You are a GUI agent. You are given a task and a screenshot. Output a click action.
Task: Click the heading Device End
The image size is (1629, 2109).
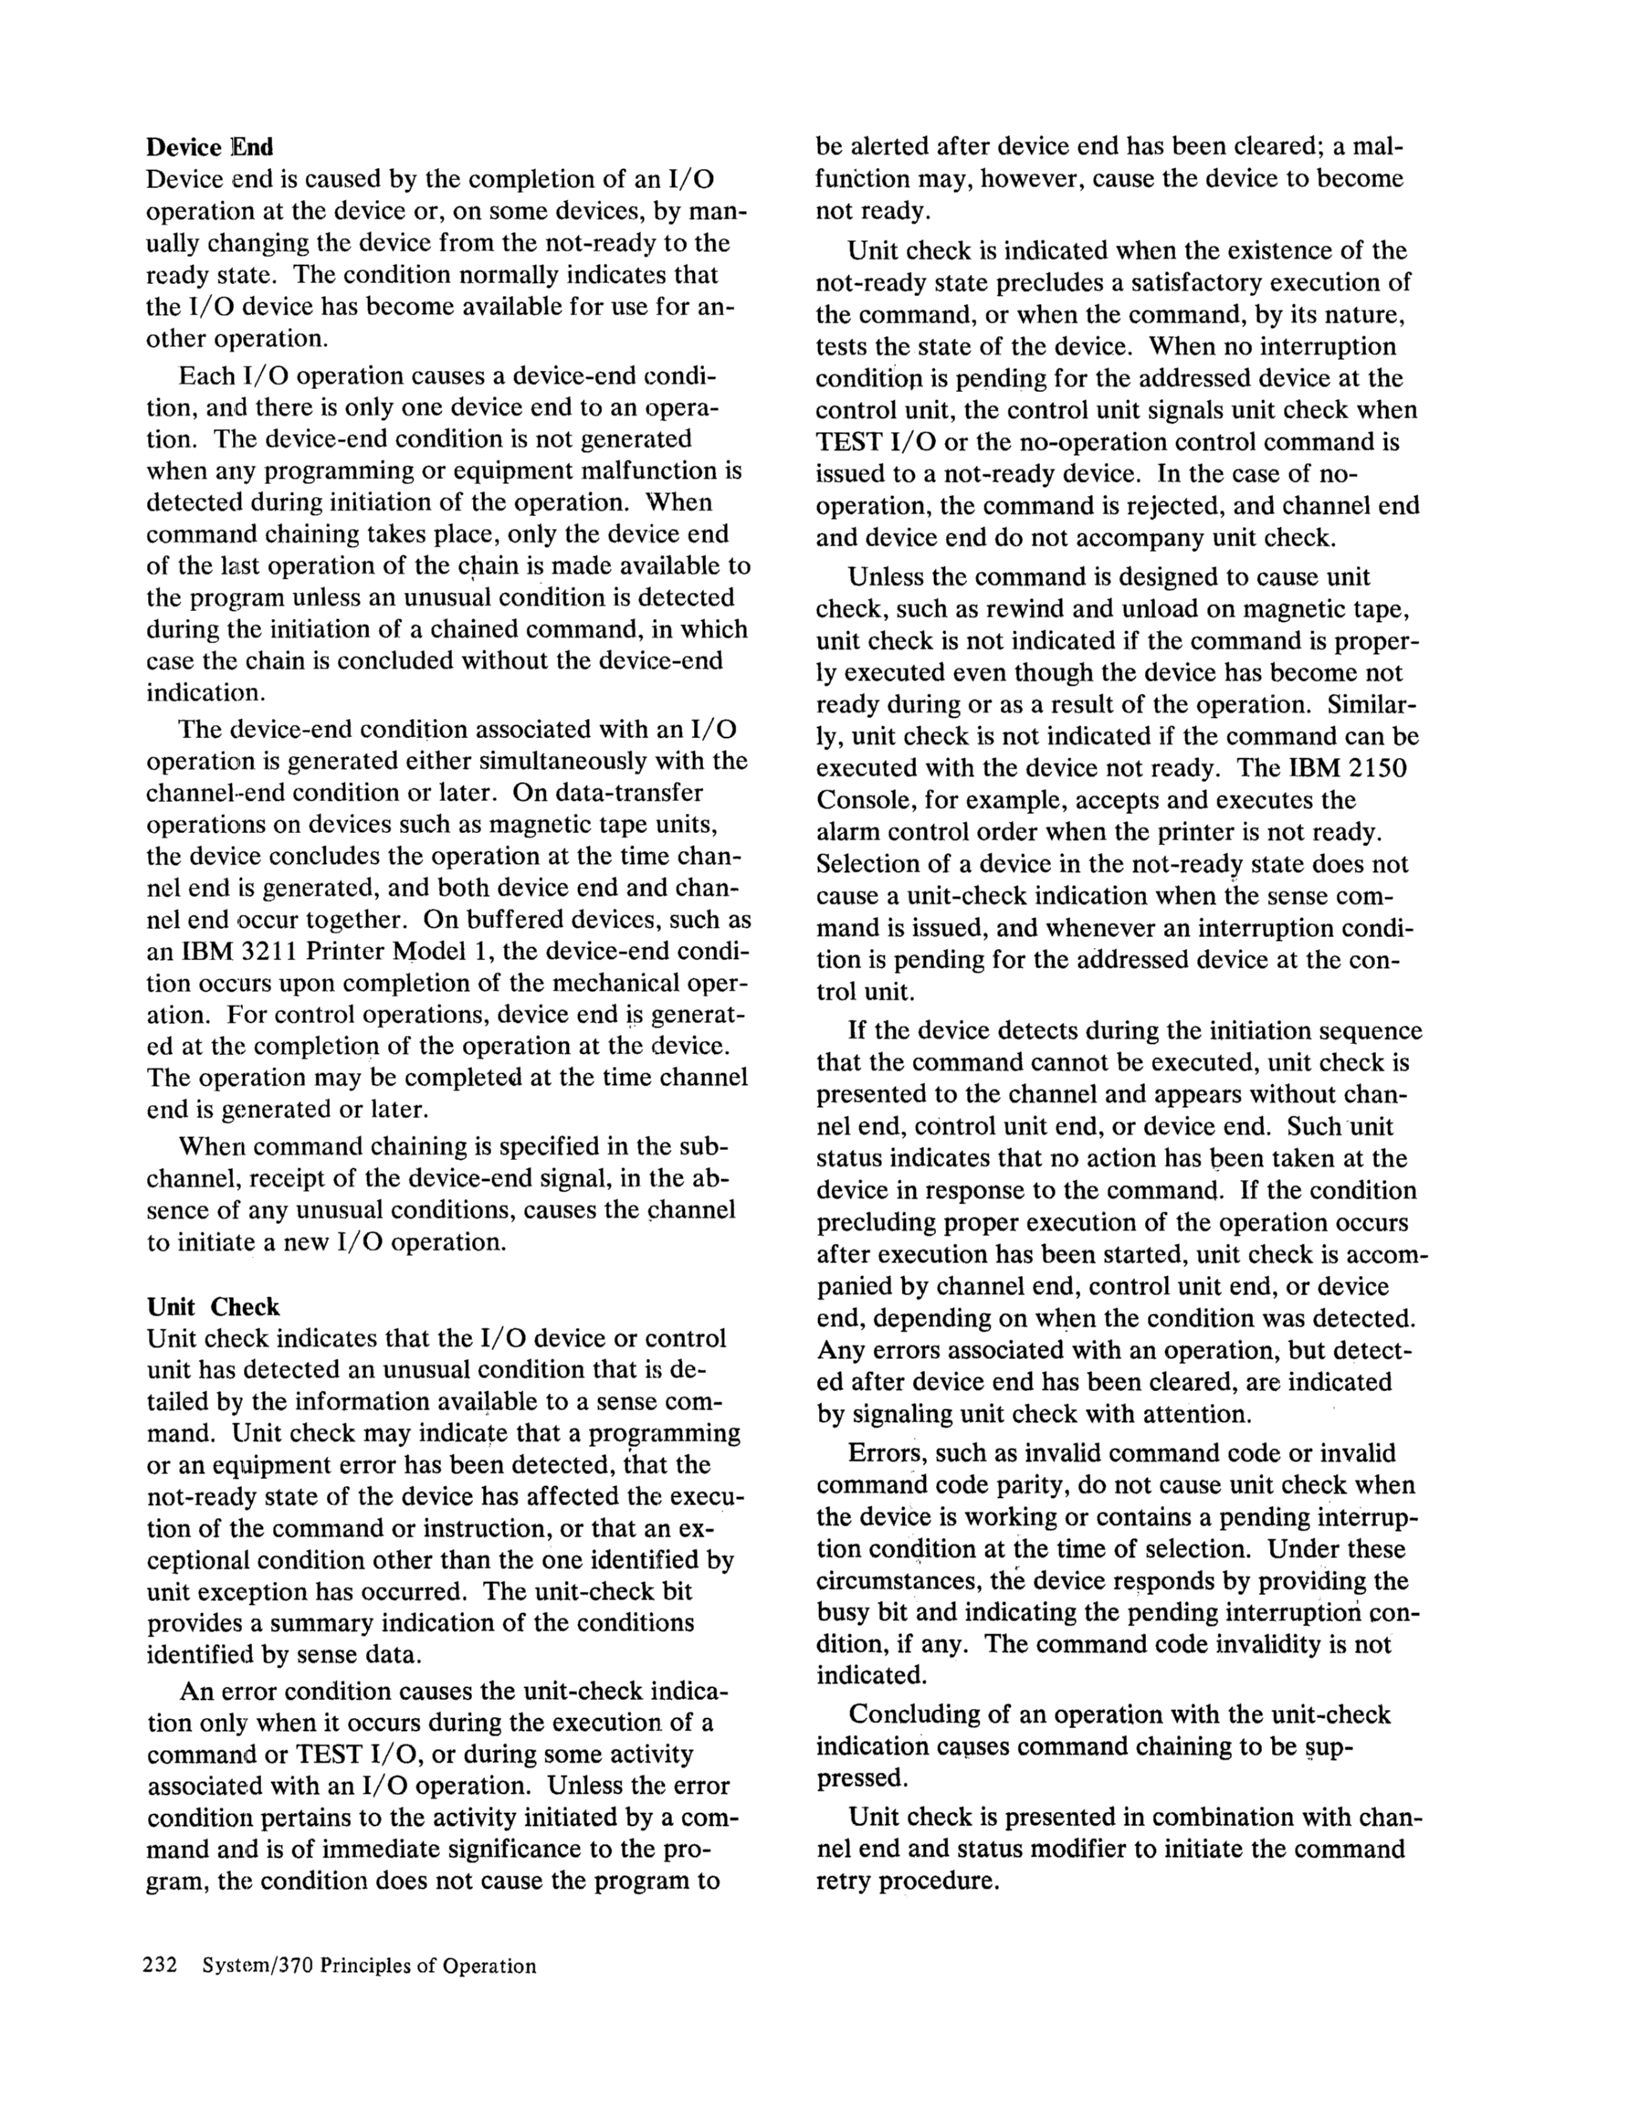coord(209,147)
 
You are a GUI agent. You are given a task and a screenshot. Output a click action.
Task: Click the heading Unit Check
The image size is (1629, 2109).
coord(213,1306)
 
